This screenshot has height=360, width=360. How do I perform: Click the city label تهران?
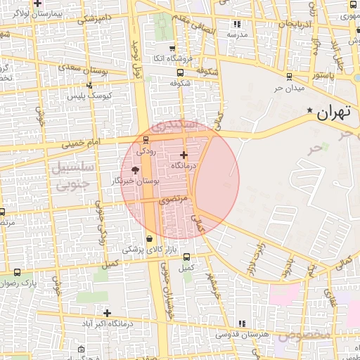pyautogui.click(x=333, y=111)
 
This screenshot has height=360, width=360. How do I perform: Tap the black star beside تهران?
pyautogui.click(x=310, y=110)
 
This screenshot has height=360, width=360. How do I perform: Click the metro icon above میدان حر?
pyautogui.click(x=289, y=77)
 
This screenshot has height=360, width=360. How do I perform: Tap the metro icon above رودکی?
pyautogui.click(x=146, y=139)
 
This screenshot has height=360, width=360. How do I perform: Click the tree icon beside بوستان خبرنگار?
pyautogui.click(x=136, y=170)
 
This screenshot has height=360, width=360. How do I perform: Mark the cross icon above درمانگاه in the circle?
pyautogui.click(x=184, y=155)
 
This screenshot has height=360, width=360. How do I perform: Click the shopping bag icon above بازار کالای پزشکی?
pyautogui.click(x=149, y=239)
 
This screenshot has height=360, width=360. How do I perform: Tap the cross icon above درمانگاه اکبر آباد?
pyautogui.click(x=107, y=313)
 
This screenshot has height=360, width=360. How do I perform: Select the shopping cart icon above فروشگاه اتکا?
pyautogui.click(x=173, y=49)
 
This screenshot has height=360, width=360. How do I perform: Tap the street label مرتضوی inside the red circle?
pyautogui.click(x=176, y=200)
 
